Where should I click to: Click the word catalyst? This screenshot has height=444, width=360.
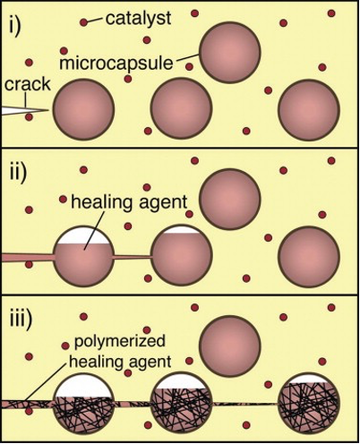pyautogui.click(x=138, y=18)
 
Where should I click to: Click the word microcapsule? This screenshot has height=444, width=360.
pyautogui.click(x=116, y=64)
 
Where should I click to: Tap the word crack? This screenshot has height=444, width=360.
pyautogui.click(x=28, y=84)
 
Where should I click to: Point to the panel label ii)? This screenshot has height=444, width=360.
pyautogui.click(x=19, y=173)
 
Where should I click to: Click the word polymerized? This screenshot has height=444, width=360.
pyautogui.click(x=119, y=341)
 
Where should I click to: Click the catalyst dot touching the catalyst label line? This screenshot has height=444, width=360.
pyautogui.click(x=83, y=22)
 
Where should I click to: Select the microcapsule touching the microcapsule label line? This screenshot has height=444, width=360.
pyautogui.click(x=230, y=53)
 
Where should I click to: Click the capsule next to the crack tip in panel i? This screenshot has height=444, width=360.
pyautogui.click(x=83, y=109)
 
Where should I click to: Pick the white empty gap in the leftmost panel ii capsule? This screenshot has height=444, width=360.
pyautogui.click(x=83, y=235)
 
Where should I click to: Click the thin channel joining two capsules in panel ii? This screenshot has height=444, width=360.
pyautogui.click(x=133, y=257)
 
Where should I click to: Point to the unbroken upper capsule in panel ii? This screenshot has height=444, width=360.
pyautogui.click(x=230, y=200)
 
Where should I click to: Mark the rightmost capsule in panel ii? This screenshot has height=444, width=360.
pyautogui.click(x=309, y=257)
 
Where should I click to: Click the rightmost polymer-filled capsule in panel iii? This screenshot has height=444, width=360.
pyautogui.click(x=309, y=404)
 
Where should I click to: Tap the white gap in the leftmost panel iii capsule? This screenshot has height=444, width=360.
pyautogui.click(x=84, y=386)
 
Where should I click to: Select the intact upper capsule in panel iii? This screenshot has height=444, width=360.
pyautogui.click(x=230, y=346)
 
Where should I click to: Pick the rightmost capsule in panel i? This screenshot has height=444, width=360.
pyautogui.click(x=309, y=109)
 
